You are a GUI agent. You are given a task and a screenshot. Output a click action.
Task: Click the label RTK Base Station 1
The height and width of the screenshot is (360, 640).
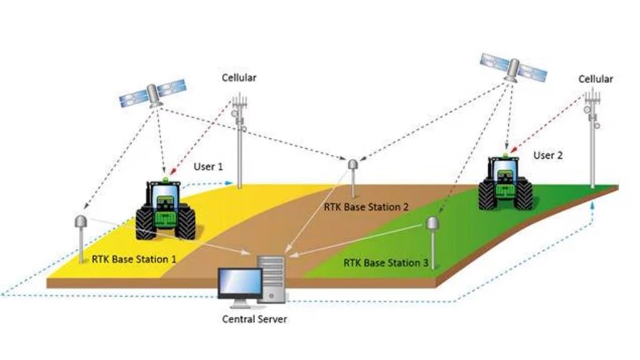pyautogui.click(x=134, y=259)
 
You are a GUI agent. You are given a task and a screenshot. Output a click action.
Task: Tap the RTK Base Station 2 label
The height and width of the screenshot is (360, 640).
pyautogui.click(x=366, y=207)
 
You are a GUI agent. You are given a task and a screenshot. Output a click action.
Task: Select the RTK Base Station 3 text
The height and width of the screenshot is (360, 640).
pyautogui.click(x=386, y=262)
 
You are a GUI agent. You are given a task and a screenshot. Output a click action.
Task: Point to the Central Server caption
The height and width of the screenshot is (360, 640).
pyautogui.click(x=254, y=319)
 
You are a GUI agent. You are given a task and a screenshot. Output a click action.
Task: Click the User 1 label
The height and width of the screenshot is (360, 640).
pyautogui.click(x=208, y=166)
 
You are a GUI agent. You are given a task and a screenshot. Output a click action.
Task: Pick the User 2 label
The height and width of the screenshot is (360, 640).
pyautogui.click(x=547, y=156)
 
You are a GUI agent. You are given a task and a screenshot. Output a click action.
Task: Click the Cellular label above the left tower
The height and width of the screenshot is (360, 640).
pyautogui.click(x=239, y=77)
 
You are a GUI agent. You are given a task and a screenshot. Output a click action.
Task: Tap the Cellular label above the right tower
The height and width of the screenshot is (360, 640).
pyautogui.click(x=596, y=79)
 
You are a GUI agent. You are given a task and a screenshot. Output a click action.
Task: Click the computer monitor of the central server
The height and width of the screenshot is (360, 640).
pyautogui.click(x=240, y=283)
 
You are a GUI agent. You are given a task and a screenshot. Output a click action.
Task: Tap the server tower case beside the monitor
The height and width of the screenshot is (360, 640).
pyautogui.click(x=271, y=279)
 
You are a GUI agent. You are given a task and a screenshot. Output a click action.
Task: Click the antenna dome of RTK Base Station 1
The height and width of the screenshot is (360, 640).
pyautogui.click(x=80, y=222)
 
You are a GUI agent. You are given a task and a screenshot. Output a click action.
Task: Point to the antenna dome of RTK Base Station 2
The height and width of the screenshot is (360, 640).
pyautogui.click(x=352, y=164)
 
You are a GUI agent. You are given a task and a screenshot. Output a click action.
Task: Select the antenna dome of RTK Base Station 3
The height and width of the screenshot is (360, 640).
pyautogui.click(x=432, y=223)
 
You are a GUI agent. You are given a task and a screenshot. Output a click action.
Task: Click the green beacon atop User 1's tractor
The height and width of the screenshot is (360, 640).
pyautogui.click(x=165, y=179)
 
